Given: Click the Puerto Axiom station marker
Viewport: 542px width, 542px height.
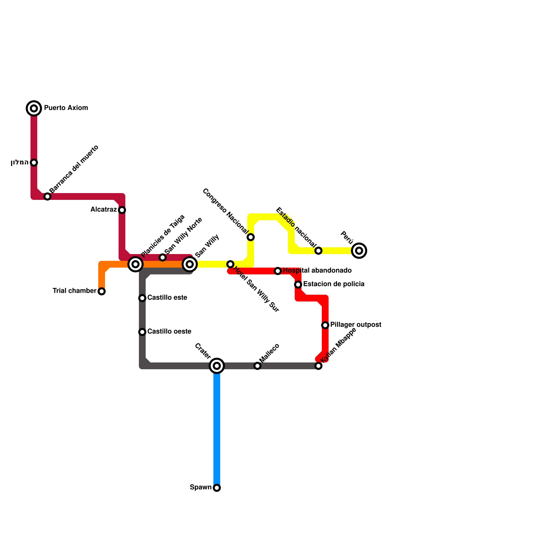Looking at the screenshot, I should click(x=34, y=108).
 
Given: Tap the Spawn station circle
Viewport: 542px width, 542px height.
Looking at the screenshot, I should click(x=217, y=488).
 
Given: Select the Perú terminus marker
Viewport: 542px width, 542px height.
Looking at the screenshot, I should click(x=359, y=251).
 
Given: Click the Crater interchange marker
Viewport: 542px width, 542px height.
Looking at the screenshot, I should click(x=217, y=366).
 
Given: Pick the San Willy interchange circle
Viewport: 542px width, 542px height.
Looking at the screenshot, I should click(x=190, y=264).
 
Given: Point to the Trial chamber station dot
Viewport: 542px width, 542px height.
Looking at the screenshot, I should click(x=102, y=291).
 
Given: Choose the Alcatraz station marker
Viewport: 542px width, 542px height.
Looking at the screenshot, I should click(x=122, y=210).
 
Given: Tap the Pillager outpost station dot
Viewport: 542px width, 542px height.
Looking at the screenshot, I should click(x=325, y=325).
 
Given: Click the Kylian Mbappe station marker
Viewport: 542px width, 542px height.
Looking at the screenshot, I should click(x=318, y=366).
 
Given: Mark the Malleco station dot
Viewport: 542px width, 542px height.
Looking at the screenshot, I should click(x=257, y=366).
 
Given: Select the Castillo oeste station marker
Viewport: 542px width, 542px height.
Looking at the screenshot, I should click(x=142, y=332).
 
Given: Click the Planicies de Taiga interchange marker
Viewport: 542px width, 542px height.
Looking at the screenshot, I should click(x=135, y=264).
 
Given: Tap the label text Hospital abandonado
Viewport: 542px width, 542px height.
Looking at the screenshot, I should click(x=317, y=271).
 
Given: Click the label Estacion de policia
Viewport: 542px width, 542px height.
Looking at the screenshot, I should click(x=334, y=284).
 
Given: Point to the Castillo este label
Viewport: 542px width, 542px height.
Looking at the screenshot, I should click(x=167, y=298).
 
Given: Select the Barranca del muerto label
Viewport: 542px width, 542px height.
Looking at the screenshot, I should click(x=74, y=169).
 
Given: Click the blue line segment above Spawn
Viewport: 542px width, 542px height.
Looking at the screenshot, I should click(x=217, y=427).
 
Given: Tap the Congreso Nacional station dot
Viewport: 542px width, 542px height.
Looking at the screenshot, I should click(x=251, y=237).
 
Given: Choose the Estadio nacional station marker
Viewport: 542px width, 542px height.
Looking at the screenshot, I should click(x=318, y=251).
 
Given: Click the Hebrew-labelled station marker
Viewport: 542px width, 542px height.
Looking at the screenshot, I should click(x=34, y=163).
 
